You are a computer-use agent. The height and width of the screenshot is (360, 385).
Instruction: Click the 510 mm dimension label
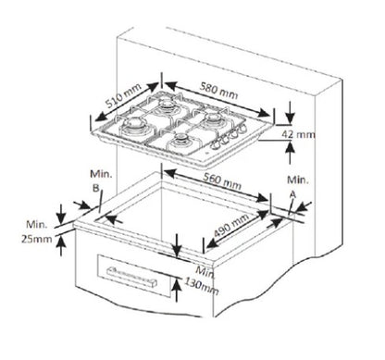123,95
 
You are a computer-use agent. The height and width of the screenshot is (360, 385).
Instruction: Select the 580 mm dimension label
218,90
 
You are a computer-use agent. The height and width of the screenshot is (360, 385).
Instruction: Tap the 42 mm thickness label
298,134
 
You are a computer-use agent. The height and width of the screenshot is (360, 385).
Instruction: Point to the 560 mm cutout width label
222,181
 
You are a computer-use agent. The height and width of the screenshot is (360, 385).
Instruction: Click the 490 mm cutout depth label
231,225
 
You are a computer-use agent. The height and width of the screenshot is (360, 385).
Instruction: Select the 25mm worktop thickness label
36,239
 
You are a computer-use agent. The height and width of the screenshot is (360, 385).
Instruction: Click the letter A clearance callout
292,194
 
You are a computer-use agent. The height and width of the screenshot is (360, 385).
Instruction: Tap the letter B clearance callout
96,188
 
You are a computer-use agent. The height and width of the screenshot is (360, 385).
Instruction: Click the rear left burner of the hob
167,105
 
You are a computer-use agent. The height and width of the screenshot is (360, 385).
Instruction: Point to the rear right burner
214,119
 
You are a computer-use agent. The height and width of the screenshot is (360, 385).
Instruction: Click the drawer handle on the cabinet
131,277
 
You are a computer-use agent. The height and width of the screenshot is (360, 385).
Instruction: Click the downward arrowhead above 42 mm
290,117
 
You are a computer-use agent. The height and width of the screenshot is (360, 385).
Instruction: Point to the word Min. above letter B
101,174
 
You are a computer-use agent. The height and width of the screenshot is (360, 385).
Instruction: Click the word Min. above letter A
298,180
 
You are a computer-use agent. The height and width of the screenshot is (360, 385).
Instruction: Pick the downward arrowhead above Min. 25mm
61,217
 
